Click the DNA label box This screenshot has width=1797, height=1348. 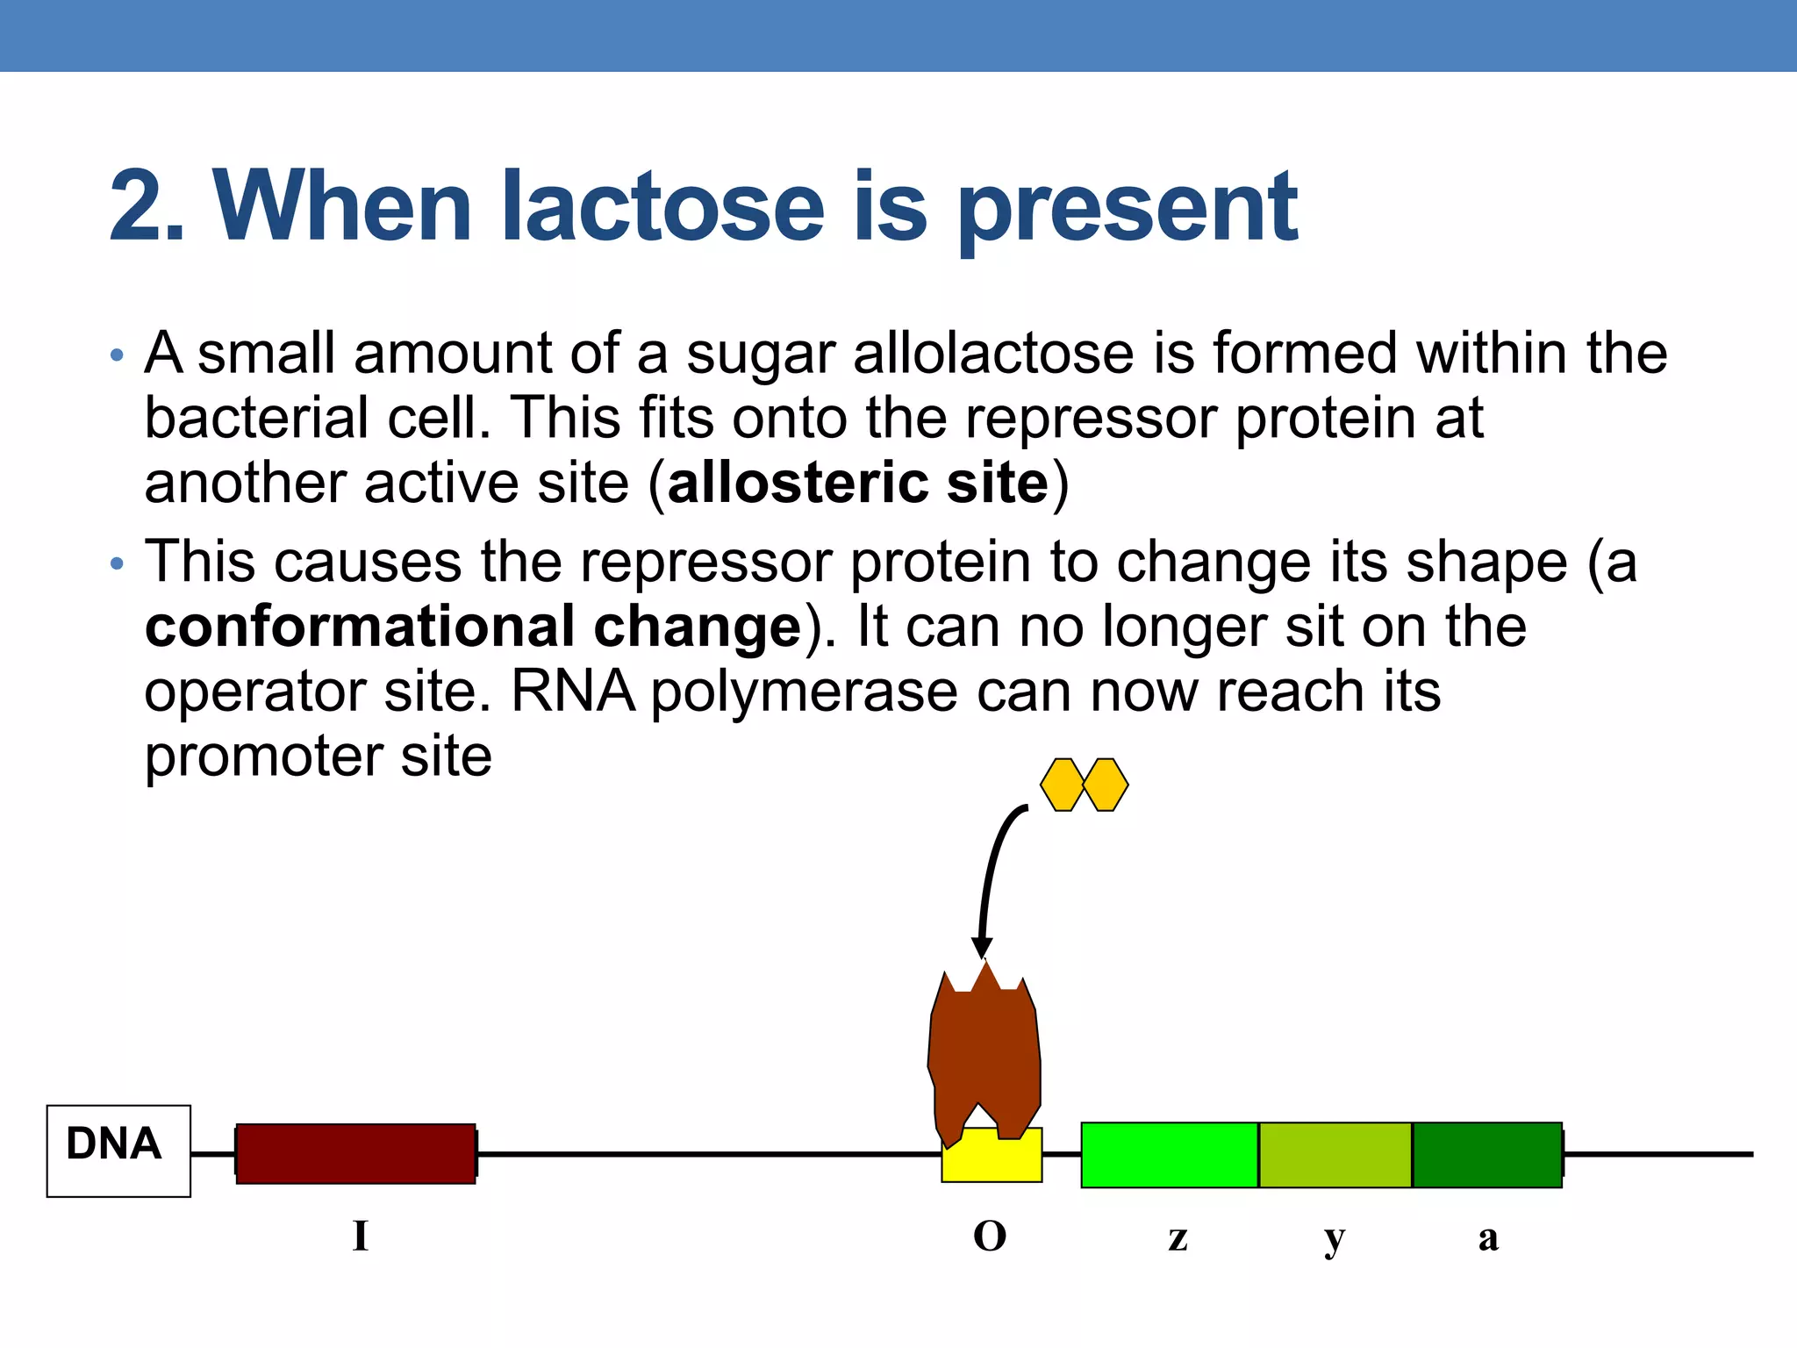(118, 1151)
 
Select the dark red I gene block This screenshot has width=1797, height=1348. (355, 1153)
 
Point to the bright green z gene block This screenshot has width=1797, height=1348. (1169, 1155)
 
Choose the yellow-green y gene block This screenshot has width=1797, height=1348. (1335, 1155)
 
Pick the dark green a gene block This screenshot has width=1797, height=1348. (1486, 1155)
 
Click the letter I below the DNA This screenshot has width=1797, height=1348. (360, 1237)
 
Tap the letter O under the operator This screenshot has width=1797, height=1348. (990, 1237)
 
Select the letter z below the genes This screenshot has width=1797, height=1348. (1178, 1238)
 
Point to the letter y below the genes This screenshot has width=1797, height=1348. (1334, 1240)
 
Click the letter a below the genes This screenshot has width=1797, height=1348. (1488, 1238)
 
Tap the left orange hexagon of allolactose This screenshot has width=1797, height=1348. (1063, 785)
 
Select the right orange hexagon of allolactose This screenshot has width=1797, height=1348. (1106, 785)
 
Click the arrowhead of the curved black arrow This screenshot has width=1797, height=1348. (982, 948)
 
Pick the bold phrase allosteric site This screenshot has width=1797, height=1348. (857, 483)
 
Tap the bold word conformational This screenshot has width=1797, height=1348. (360, 627)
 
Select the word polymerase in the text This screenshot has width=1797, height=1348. (804, 692)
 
